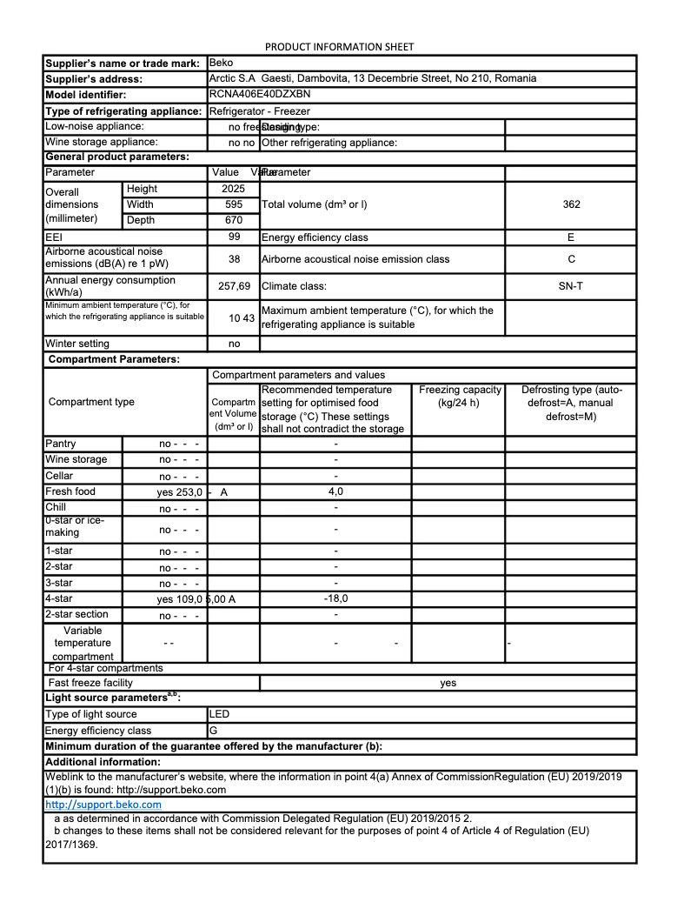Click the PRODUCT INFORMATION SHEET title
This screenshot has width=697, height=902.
pyautogui.click(x=339, y=46)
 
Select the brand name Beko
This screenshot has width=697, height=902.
pyautogui.click(x=221, y=63)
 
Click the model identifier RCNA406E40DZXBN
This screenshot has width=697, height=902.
pyautogui.click(x=260, y=94)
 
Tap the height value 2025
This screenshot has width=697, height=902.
pyautogui.click(x=233, y=189)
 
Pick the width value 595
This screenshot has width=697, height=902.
pyautogui.click(x=233, y=204)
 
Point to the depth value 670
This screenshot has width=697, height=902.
pyautogui.click(x=233, y=220)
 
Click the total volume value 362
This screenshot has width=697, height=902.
pyautogui.click(x=571, y=204)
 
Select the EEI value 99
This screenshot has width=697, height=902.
pyautogui.click(x=234, y=237)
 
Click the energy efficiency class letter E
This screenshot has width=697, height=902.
pyautogui.click(x=571, y=237)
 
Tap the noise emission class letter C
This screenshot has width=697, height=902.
pyautogui.click(x=571, y=259)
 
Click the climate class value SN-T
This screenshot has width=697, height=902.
pyautogui.click(x=571, y=285)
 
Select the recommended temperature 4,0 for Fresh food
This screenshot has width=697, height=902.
pyautogui.click(x=335, y=491)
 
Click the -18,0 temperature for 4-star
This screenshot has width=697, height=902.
pyautogui.click(x=335, y=598)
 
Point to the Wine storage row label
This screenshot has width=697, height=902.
pyautogui.click(x=76, y=459)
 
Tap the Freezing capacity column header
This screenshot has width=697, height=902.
pyautogui.click(x=460, y=390)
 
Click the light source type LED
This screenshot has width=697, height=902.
pyautogui.click(x=220, y=714)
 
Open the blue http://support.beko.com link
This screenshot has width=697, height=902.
pyautogui.click(x=103, y=805)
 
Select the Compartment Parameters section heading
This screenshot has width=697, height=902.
pyautogui.click(x=114, y=359)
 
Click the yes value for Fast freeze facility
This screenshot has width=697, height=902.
pyautogui.click(x=448, y=683)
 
